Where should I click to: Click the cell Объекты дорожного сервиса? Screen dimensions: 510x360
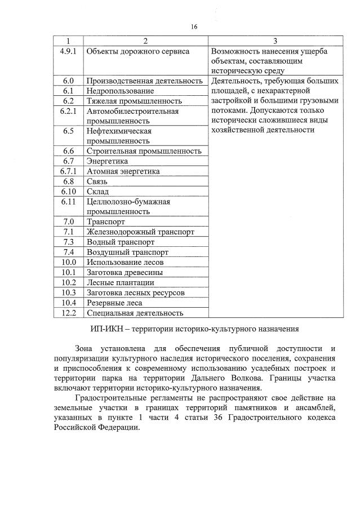pyautogui.click(x=137, y=51)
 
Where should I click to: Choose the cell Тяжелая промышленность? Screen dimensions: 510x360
pyautogui.click(x=134, y=101)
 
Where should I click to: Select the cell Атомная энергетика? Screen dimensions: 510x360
pyautogui.click(x=123, y=171)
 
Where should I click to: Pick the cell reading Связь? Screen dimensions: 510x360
pyautogui.click(x=97, y=181)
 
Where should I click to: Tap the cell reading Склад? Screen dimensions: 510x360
pyautogui.click(x=97, y=191)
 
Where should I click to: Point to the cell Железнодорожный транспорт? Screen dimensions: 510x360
pyautogui.click(x=140, y=232)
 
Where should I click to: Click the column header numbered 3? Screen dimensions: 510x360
pyautogui.click(x=274, y=41)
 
